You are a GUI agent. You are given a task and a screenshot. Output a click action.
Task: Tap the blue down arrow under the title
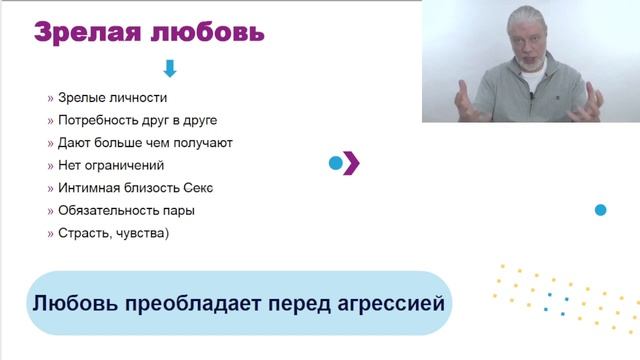tap(169, 69)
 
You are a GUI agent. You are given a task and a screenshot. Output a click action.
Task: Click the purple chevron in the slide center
tap(351, 163)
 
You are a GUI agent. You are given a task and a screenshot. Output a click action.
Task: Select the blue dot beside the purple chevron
tap(336, 163)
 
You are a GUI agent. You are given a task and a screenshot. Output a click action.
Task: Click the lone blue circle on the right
tap(601, 210)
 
